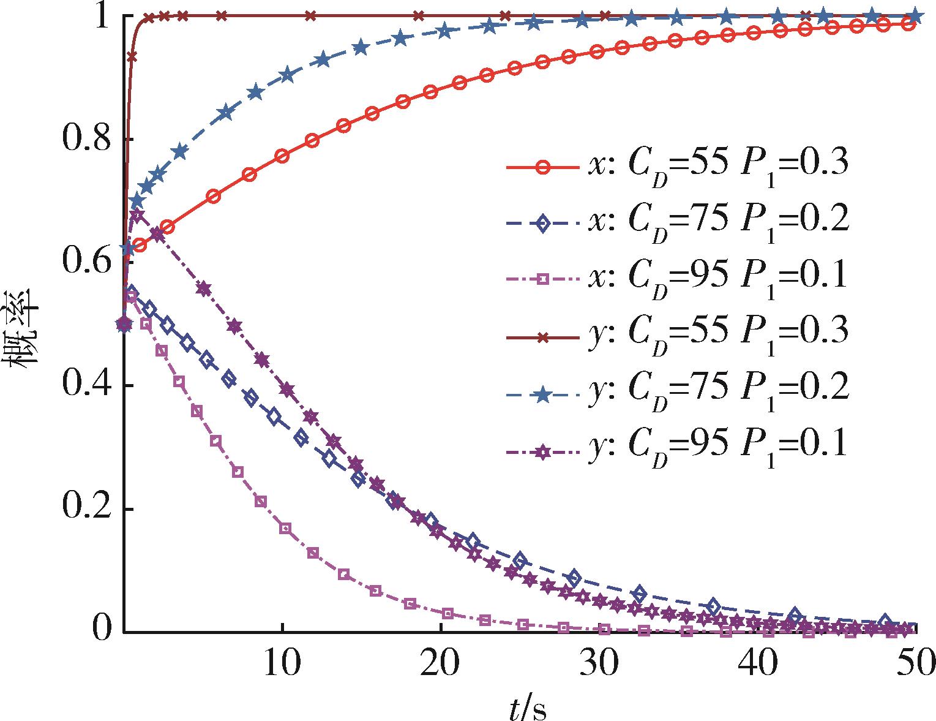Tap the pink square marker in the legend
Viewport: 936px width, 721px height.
(x=542, y=279)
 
